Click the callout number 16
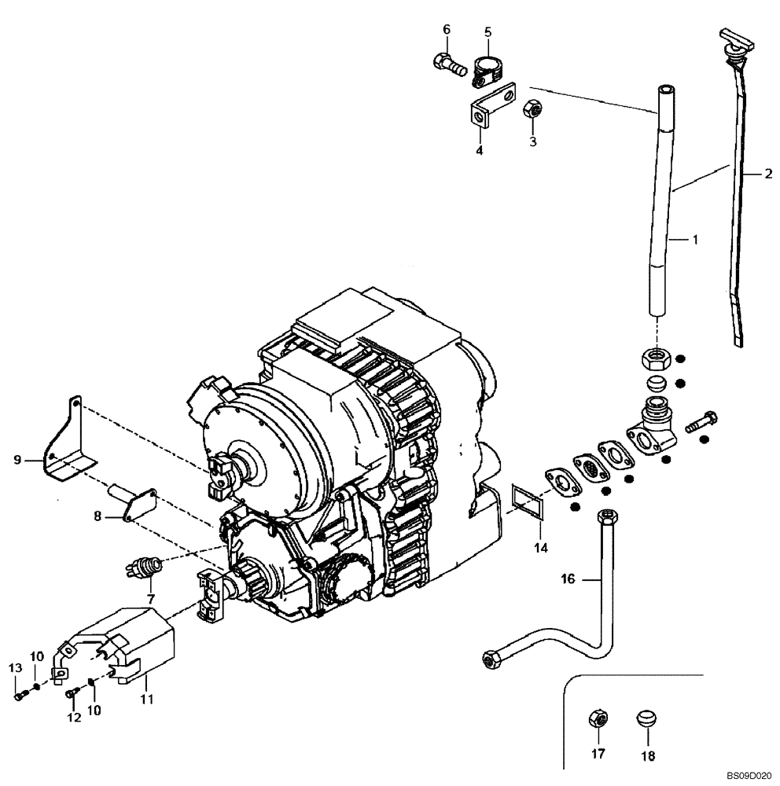[568, 579]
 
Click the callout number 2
[767, 175]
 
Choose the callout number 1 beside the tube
[694, 238]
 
